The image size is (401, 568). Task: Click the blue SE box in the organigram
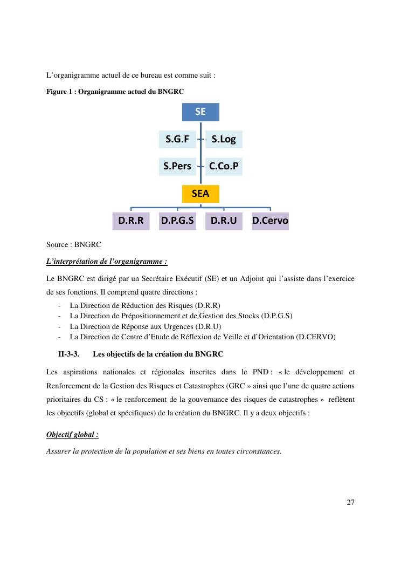point(200,112)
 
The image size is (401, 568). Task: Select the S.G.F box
point(177,139)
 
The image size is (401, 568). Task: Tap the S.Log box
point(224,139)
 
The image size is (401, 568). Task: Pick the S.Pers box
point(177,166)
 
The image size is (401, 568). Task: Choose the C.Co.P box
point(224,166)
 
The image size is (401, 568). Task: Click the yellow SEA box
point(200,194)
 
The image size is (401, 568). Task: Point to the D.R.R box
point(131,221)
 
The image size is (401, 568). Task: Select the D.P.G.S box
point(177,221)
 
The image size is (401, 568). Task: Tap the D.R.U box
point(224,221)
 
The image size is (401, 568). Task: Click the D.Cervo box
point(270,221)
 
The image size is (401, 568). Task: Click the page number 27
point(350,502)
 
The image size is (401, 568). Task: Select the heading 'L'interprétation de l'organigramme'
point(107,262)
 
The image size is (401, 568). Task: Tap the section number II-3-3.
point(68,354)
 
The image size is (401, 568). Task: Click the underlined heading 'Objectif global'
point(72,434)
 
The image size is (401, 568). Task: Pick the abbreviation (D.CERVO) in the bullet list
point(316,337)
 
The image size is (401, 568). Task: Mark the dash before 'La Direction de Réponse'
point(58,326)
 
